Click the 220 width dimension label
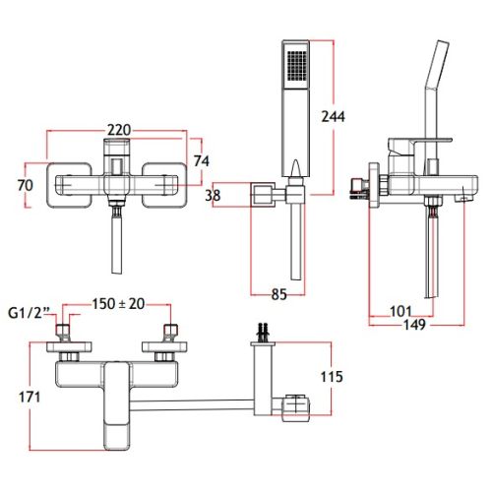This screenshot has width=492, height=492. pyautogui.click(x=119, y=130)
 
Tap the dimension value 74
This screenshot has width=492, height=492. pyautogui.click(x=202, y=161)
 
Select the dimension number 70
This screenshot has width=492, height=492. pyautogui.click(x=26, y=185)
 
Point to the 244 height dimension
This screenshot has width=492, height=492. pyautogui.click(x=334, y=116)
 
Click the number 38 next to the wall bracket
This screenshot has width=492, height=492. pyautogui.click(x=213, y=196)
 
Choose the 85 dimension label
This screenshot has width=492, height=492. pyautogui.click(x=279, y=294)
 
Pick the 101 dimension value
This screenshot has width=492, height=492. pyautogui.click(x=400, y=311)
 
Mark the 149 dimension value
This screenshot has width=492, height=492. pyautogui.click(x=414, y=325)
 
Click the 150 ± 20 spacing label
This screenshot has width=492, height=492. pyautogui.click(x=118, y=304)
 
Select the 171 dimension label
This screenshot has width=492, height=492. pyautogui.click(x=30, y=397)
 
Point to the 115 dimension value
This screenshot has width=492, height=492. pyautogui.click(x=332, y=377)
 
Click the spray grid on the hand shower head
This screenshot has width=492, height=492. pyautogui.click(x=296, y=65)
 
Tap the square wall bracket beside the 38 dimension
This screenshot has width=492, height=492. pyautogui.click(x=263, y=195)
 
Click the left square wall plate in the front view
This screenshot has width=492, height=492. pyautogui.click(x=69, y=185)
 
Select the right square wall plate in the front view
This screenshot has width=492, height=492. pyautogui.click(x=165, y=185)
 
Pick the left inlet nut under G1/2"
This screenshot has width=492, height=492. pyautogui.click(x=64, y=332)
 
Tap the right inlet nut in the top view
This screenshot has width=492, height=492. pyautogui.click(x=170, y=332)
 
